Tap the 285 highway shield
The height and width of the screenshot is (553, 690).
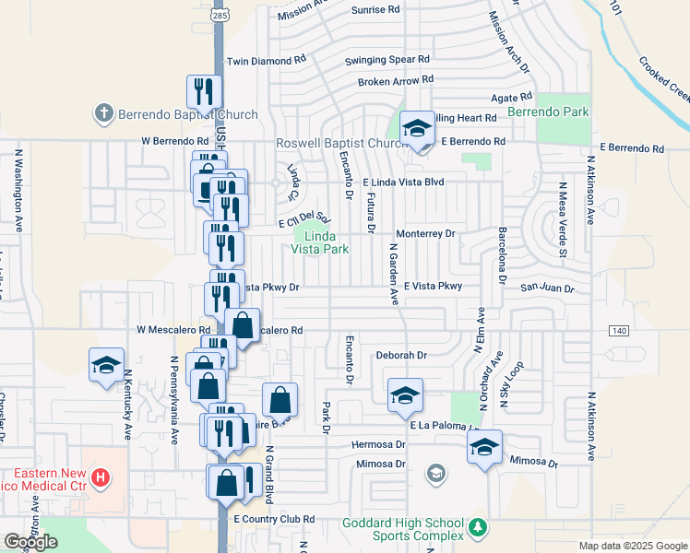[222, 16]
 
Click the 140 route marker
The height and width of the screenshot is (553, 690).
[618, 330]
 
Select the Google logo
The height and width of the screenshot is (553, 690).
[30, 542]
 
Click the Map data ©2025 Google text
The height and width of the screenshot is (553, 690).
[633, 546]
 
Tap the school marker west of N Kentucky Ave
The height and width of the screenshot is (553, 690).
[106, 365]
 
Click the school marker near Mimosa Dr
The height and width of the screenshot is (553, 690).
[484, 448]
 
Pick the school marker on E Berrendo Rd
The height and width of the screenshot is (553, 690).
[417, 128]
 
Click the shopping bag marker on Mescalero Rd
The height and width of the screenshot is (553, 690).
[243, 326]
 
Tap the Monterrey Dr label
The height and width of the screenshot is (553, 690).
[425, 234]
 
